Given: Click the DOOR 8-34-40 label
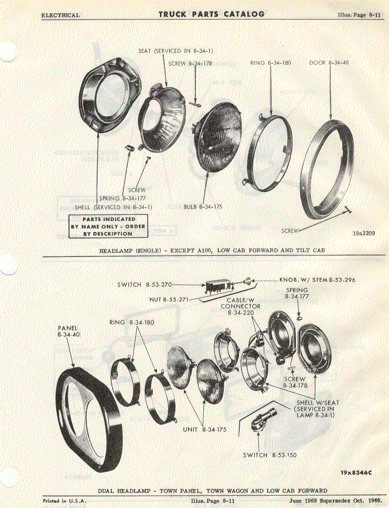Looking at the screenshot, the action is coord(329,63).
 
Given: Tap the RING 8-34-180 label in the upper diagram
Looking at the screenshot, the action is coord(271,63).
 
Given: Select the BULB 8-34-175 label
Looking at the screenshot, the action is coord(203,207).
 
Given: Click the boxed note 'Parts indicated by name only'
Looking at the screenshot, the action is coord(108,226).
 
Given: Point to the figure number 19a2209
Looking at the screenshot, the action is coord(364,233).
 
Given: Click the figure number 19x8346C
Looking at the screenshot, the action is coord(356,473).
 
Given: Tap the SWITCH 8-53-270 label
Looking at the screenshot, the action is coord(144,285).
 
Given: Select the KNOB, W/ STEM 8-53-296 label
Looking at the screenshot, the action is coord(317,279).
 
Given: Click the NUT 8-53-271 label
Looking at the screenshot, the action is coord(169,300).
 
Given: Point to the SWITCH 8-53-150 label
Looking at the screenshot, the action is coord(270,455).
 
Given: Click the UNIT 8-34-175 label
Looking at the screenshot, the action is coord(204,430).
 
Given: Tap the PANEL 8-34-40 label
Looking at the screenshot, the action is coord(68,332).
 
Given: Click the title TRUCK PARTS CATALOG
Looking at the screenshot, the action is coord(212,14).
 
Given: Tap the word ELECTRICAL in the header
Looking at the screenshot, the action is coord(60,15).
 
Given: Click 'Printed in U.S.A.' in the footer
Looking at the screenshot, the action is coord(65,500).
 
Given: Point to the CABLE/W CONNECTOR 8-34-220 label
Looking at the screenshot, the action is coord(241,306).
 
